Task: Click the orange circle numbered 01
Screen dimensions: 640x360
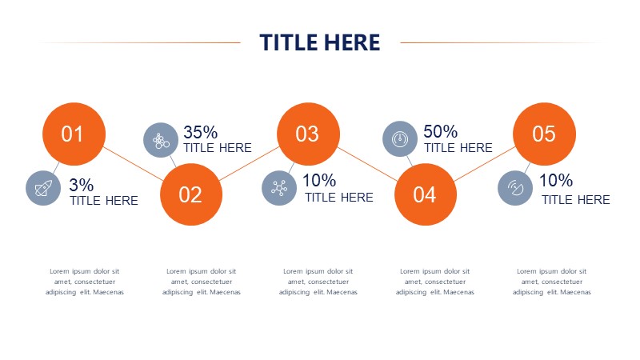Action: (x=74, y=134)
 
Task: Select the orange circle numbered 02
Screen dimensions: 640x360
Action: (x=191, y=194)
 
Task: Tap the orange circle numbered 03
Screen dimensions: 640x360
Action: (x=308, y=134)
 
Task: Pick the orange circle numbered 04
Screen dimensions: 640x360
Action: (x=426, y=194)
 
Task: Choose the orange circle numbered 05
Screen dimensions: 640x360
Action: (x=544, y=134)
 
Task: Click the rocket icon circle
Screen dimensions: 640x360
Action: (x=43, y=188)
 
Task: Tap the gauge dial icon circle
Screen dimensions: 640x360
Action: (x=400, y=138)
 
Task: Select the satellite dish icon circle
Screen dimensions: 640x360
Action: (x=515, y=188)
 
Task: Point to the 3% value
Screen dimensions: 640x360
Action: (x=82, y=185)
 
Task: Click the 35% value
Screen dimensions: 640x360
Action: (x=201, y=132)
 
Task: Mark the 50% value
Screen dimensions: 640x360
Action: (x=441, y=131)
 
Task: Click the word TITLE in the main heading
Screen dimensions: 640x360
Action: (x=286, y=42)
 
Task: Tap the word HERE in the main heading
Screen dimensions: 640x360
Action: (x=350, y=42)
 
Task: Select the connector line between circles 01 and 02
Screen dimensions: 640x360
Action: (x=133, y=163)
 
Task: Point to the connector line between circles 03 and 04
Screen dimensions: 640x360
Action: (x=367, y=164)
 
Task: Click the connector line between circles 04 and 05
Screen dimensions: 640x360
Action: (x=485, y=163)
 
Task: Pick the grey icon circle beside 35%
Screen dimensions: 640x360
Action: (x=161, y=140)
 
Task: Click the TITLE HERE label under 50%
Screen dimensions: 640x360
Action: (x=458, y=148)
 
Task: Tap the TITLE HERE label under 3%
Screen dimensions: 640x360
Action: (x=104, y=201)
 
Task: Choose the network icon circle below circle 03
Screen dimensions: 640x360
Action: (x=279, y=188)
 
